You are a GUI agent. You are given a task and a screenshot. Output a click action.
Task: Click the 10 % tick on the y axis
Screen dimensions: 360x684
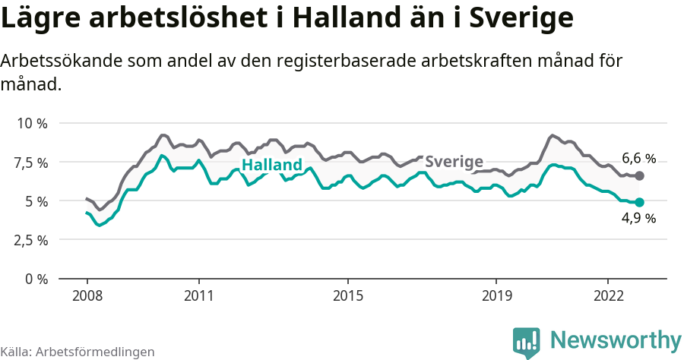[31, 123]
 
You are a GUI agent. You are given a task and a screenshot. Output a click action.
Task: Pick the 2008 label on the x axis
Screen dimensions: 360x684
[87, 295]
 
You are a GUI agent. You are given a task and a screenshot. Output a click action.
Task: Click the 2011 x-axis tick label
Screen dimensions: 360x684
[198, 295]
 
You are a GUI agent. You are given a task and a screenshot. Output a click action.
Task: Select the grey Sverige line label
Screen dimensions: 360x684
[454, 161]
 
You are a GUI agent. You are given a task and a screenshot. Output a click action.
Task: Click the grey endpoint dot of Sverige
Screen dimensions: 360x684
[640, 175]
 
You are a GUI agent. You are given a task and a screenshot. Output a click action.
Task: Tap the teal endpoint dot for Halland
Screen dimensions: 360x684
[640, 202]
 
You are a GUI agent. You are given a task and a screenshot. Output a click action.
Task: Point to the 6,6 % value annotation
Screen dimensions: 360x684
[638, 159]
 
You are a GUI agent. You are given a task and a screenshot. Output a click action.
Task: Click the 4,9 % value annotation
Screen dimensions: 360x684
[638, 219]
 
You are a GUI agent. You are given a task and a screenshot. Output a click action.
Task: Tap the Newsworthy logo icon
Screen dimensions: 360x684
[527, 342]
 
